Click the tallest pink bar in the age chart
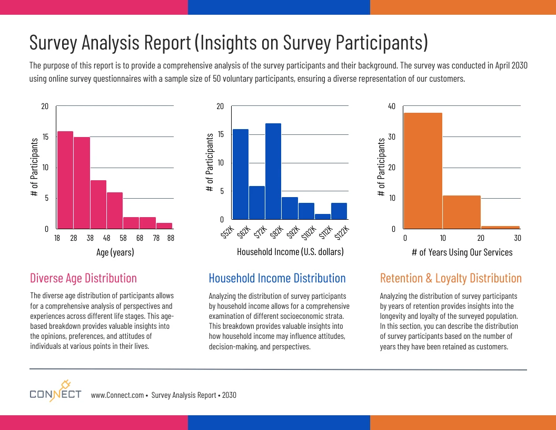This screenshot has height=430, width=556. coord(65,180)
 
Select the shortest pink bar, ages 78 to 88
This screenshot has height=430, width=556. coord(164,226)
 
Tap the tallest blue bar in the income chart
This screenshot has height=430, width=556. coord(273,171)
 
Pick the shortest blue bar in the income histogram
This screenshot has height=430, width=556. coord(323,216)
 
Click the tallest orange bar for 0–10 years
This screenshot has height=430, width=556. coord(423,171)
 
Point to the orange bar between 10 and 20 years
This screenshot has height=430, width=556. coord(462,212)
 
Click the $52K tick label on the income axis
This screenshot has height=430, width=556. coord(226,232)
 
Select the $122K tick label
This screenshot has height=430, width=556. coord(341,232)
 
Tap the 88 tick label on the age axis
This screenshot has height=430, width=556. coord(170,238)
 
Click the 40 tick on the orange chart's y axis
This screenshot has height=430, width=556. coord(391,106)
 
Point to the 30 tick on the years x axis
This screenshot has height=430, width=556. coord(518,238)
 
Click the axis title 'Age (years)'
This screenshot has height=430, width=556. coord(115,252)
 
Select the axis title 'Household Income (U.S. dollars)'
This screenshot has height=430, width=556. coord(290,252)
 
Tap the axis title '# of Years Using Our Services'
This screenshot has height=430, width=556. coord(462,252)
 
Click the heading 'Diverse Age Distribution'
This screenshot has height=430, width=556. coord(83,278)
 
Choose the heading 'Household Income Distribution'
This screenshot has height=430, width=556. coord(277,278)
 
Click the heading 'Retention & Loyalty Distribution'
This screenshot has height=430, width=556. coord(451,278)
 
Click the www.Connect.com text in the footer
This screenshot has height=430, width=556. coord(117,395)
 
